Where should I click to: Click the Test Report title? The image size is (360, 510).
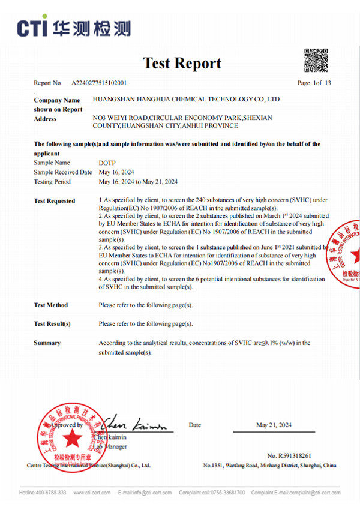point(182,63)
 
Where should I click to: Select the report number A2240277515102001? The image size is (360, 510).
point(99,83)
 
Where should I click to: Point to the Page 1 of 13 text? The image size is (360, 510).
point(314,83)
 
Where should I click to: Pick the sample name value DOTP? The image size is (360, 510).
point(106,163)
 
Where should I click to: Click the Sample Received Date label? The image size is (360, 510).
point(63,172)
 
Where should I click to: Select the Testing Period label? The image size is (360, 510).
point(52,182)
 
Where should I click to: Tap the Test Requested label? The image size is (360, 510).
point(55,201)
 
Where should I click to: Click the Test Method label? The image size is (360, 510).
point(51,305)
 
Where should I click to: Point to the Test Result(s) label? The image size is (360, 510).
point(52,324)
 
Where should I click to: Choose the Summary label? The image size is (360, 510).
point(47,343)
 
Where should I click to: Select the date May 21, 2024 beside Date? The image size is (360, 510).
point(274,425)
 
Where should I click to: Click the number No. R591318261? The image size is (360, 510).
point(289,456)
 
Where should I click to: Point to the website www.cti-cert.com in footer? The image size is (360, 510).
point(92,493)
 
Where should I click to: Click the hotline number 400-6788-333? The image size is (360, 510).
point(52,493)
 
